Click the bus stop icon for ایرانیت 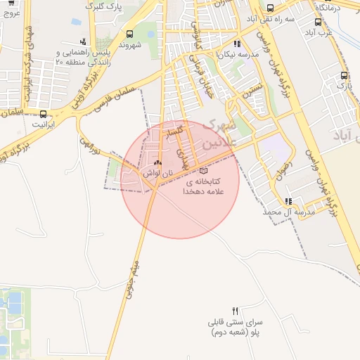click(x=44, y=114)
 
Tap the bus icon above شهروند click(x=129, y=34)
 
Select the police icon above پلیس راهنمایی click(x=84, y=41)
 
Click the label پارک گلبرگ click(x=101, y=6)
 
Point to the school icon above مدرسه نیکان click(x=238, y=44)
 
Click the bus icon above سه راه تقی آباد click(x=271, y=8)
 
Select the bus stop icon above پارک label click(x=343, y=76)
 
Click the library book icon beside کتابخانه click(x=204, y=170)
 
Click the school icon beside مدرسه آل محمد click(x=288, y=201)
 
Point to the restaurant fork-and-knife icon click(x=236, y=310)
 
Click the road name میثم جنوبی click(x=134, y=278)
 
